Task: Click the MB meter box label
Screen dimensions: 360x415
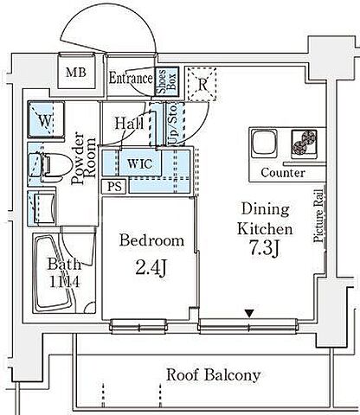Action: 76,73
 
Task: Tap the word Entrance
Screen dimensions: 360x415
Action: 131,78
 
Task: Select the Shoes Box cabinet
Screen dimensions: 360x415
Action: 167,81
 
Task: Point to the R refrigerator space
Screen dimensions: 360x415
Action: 202,84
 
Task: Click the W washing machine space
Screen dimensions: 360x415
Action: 46,119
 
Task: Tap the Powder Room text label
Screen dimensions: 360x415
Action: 83,157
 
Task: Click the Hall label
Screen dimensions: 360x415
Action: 129,124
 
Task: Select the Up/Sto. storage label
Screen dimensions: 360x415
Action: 173,124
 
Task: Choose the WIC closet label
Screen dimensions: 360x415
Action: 139,163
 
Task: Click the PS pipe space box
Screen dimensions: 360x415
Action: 114,187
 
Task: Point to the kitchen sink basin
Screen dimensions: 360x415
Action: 264,144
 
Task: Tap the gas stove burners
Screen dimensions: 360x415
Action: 304,142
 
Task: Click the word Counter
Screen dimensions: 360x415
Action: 283,173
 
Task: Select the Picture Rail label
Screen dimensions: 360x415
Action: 318,215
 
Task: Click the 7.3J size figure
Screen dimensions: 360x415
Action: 264,248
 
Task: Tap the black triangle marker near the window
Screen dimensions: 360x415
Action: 249,314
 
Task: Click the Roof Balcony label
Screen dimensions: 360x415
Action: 214,375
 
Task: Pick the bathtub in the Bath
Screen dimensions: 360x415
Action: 52,274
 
